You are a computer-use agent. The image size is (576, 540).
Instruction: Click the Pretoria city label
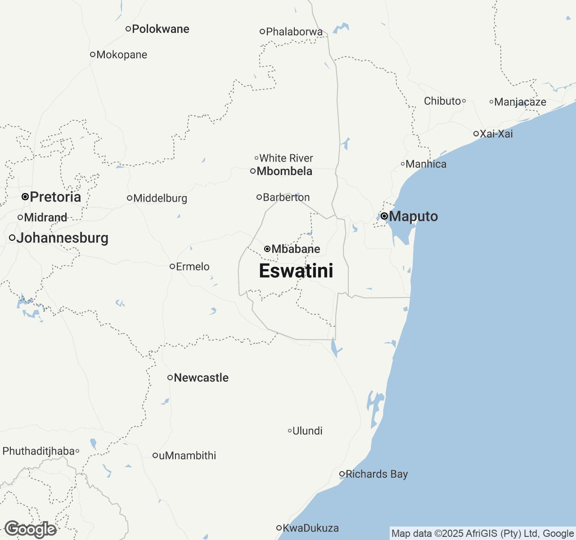[x=55, y=197]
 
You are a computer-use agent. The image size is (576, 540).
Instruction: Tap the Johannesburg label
[x=62, y=238]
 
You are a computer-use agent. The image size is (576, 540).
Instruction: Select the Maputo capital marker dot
[x=384, y=216]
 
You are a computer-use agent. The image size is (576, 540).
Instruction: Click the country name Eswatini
[x=296, y=271]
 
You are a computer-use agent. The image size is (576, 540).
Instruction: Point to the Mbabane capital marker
[x=267, y=249]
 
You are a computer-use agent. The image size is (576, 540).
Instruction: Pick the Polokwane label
[x=161, y=29]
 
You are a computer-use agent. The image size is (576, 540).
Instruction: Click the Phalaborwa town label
[x=294, y=32]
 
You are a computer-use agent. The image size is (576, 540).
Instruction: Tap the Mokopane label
[x=121, y=55]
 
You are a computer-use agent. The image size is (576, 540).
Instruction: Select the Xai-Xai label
[x=496, y=134]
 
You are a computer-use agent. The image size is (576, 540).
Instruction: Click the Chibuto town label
[x=442, y=101]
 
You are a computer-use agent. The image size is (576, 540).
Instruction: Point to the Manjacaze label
[x=520, y=102]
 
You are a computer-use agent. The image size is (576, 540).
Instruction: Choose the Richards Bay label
[x=377, y=474]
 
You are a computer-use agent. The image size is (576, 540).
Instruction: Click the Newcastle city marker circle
[x=170, y=378]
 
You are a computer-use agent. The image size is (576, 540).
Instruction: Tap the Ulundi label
[x=307, y=431]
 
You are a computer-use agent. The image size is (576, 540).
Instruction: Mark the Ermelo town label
[x=193, y=267]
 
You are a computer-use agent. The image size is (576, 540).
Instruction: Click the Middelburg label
[x=160, y=198]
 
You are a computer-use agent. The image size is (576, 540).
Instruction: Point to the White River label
[x=286, y=158]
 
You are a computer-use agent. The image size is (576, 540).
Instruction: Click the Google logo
[x=30, y=530]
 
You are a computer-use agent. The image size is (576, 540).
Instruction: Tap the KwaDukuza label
[x=310, y=528]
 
